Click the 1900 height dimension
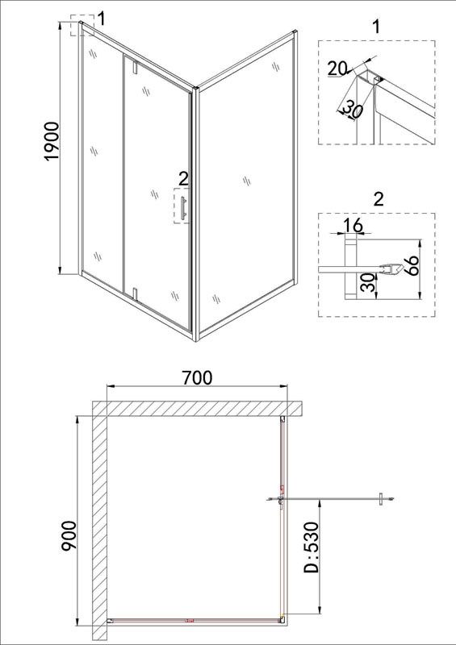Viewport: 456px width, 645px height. tap(53, 142)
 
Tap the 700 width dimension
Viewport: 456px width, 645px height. tap(197, 377)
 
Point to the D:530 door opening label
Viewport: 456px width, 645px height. tap(311, 547)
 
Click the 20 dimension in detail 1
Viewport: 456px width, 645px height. tap(337, 69)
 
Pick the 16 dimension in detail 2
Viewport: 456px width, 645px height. tap(353, 226)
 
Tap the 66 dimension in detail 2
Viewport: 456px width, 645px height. tap(411, 266)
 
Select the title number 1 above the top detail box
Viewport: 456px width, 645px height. tap(375, 27)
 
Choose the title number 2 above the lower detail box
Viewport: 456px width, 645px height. tap(378, 199)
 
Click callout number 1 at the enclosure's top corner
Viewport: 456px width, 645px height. tap(101, 19)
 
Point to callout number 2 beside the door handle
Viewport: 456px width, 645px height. tap(183, 179)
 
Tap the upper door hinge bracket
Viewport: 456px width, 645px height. tap(135, 67)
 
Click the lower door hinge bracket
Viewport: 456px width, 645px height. tap(134, 293)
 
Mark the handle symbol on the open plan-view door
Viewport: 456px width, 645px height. tap(382, 499)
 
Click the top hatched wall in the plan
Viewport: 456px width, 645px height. tap(198, 409)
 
